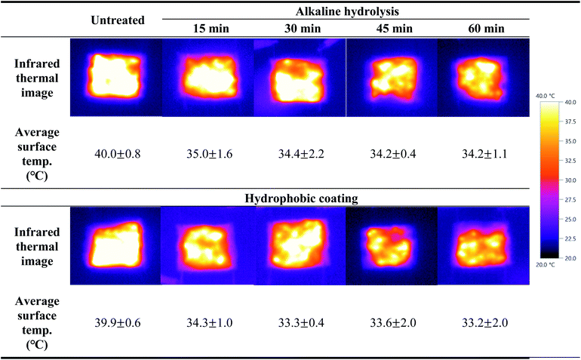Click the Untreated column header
point(117,20)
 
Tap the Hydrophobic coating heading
point(300,199)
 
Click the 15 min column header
point(208,29)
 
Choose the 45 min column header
point(391,29)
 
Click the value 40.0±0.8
point(117,154)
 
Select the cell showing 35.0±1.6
point(208,154)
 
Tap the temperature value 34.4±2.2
point(300,154)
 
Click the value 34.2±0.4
point(391,154)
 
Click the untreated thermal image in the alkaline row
point(115,78)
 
